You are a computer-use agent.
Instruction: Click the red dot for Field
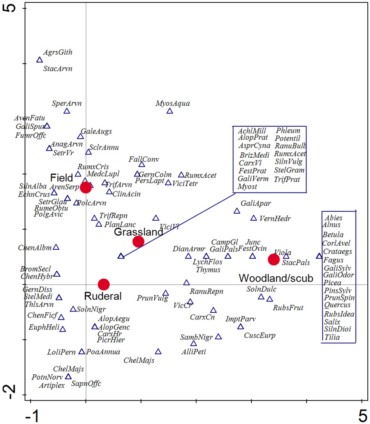(86, 187)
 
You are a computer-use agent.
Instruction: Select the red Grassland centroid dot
(138, 241)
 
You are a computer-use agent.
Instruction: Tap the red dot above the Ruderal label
(104, 284)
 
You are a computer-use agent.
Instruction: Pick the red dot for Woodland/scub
(274, 259)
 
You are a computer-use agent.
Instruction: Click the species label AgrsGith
(58, 52)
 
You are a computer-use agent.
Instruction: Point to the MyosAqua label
(173, 103)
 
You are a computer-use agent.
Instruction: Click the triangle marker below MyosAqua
(170, 111)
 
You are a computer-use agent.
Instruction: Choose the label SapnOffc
(86, 383)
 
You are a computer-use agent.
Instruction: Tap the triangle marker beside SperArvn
(67, 111)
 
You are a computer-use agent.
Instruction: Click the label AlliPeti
(194, 352)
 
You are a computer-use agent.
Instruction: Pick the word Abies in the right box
(334, 217)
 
